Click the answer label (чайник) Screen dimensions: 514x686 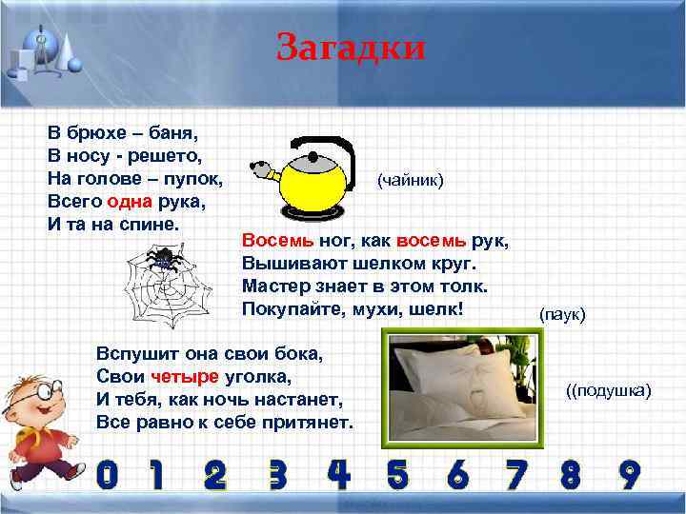(x=411, y=179)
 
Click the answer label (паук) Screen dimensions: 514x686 (x=562, y=313)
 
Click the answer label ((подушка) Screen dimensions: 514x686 (x=607, y=390)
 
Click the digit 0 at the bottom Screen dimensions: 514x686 (x=108, y=475)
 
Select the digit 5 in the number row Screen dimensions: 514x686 (x=395, y=474)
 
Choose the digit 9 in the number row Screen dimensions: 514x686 (x=629, y=474)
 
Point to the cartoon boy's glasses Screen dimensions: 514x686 (x=32, y=404)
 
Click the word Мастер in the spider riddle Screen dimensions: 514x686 (x=272, y=286)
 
